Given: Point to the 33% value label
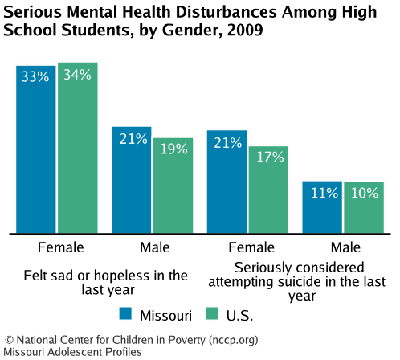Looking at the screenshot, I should pos(36,79).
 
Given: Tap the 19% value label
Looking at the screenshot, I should pos(173,149).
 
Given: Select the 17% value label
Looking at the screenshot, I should pos(268,157).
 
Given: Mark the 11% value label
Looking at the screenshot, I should pos(322,193).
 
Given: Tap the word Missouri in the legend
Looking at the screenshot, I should pos(166,313).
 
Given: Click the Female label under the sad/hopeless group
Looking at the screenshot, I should pos(56,245).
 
